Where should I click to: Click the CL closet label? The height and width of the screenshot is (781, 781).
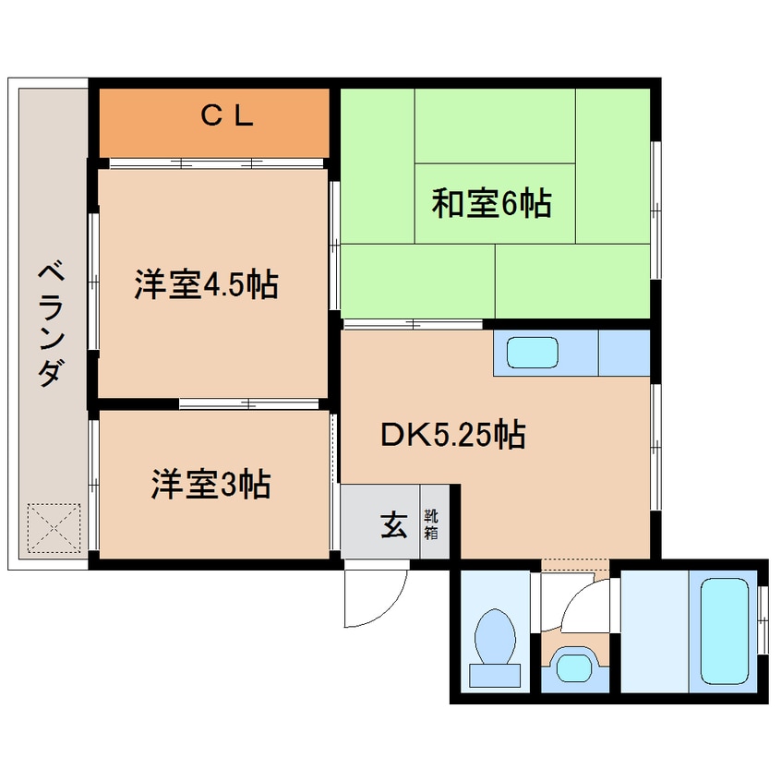coord(226,115)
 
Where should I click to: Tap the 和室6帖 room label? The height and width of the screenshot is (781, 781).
coord(492,202)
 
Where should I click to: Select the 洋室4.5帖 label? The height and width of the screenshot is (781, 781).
coord(205,285)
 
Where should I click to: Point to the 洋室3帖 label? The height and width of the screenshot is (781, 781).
coord(210,484)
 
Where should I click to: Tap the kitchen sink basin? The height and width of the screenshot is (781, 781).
coord(533,354)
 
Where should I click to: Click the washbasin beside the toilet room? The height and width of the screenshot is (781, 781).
coord(576,666)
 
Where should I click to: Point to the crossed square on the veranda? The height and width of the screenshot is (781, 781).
coord(53,527)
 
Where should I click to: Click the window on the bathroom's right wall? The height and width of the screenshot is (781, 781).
coord(763,619)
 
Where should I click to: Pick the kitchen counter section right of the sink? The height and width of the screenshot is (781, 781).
coord(624,354)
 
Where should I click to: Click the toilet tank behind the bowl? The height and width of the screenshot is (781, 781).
coord(494,675)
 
